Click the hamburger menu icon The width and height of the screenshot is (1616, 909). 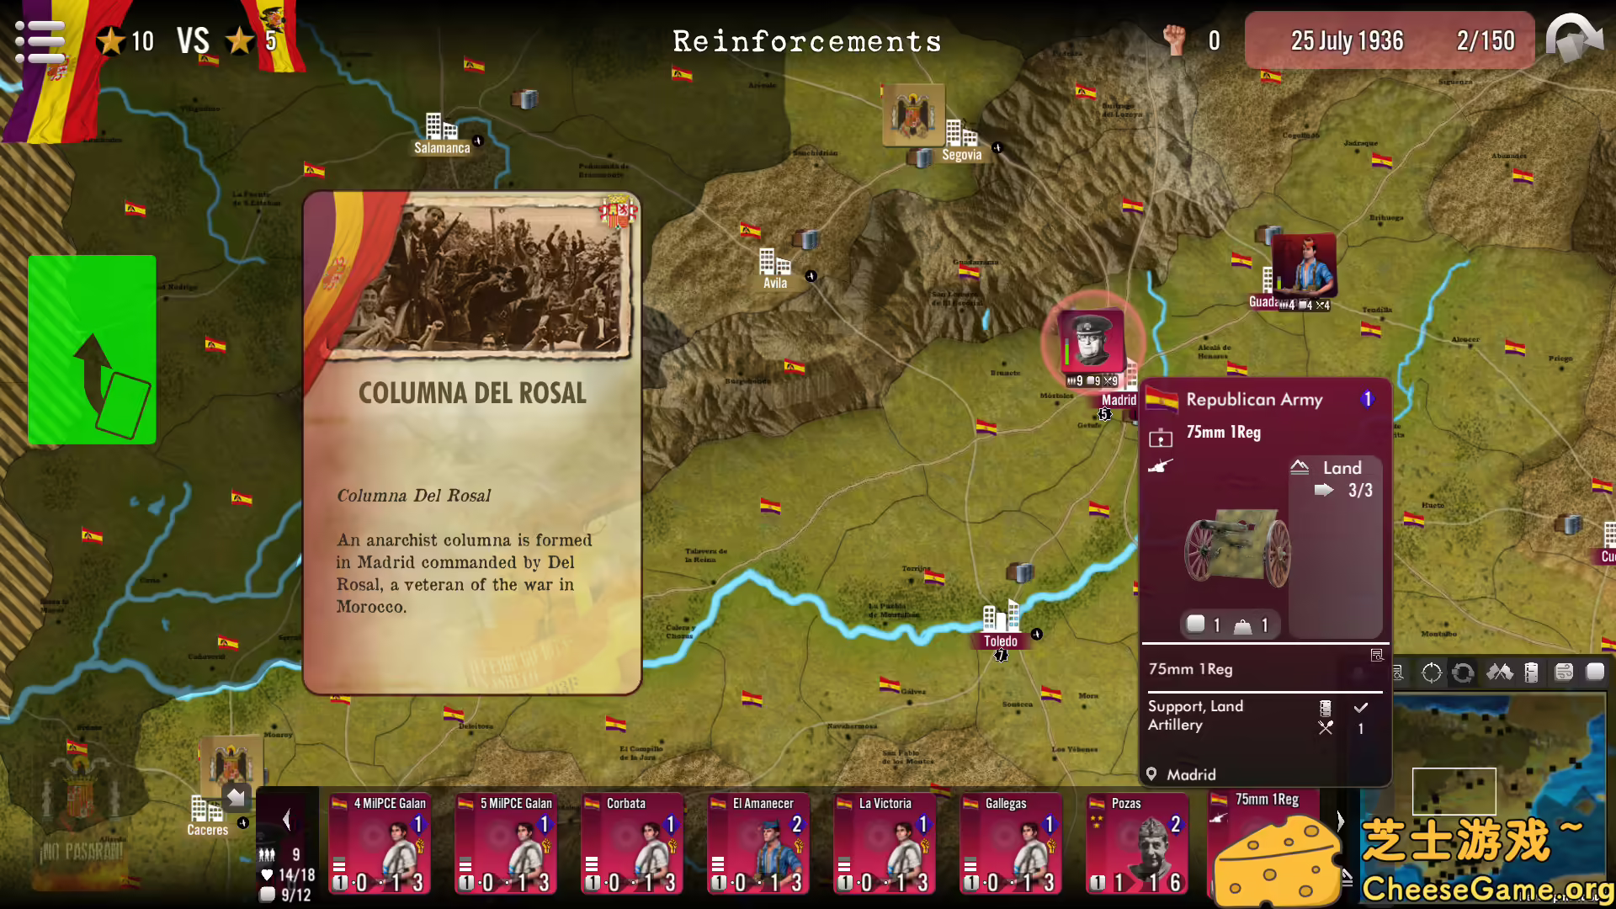40,41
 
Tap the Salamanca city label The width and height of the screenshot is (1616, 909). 442,148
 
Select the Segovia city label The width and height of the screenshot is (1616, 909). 962,155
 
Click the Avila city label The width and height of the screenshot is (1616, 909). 775,284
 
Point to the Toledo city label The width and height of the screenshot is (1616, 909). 1000,641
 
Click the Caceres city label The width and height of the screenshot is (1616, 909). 207,830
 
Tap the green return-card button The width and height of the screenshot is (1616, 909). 92,349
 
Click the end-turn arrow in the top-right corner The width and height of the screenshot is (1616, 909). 1575,40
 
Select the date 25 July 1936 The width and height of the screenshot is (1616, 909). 1347,40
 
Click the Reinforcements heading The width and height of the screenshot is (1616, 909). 807,41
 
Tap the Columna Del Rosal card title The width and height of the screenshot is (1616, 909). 472,393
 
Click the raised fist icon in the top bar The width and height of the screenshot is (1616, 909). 1173,40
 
